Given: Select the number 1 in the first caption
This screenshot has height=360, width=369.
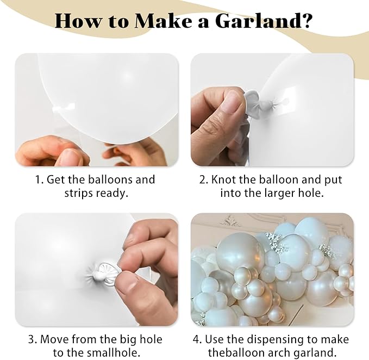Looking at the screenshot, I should pyautogui.click(x=38, y=179).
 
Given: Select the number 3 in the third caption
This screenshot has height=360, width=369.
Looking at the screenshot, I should pyautogui.click(x=31, y=340).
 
